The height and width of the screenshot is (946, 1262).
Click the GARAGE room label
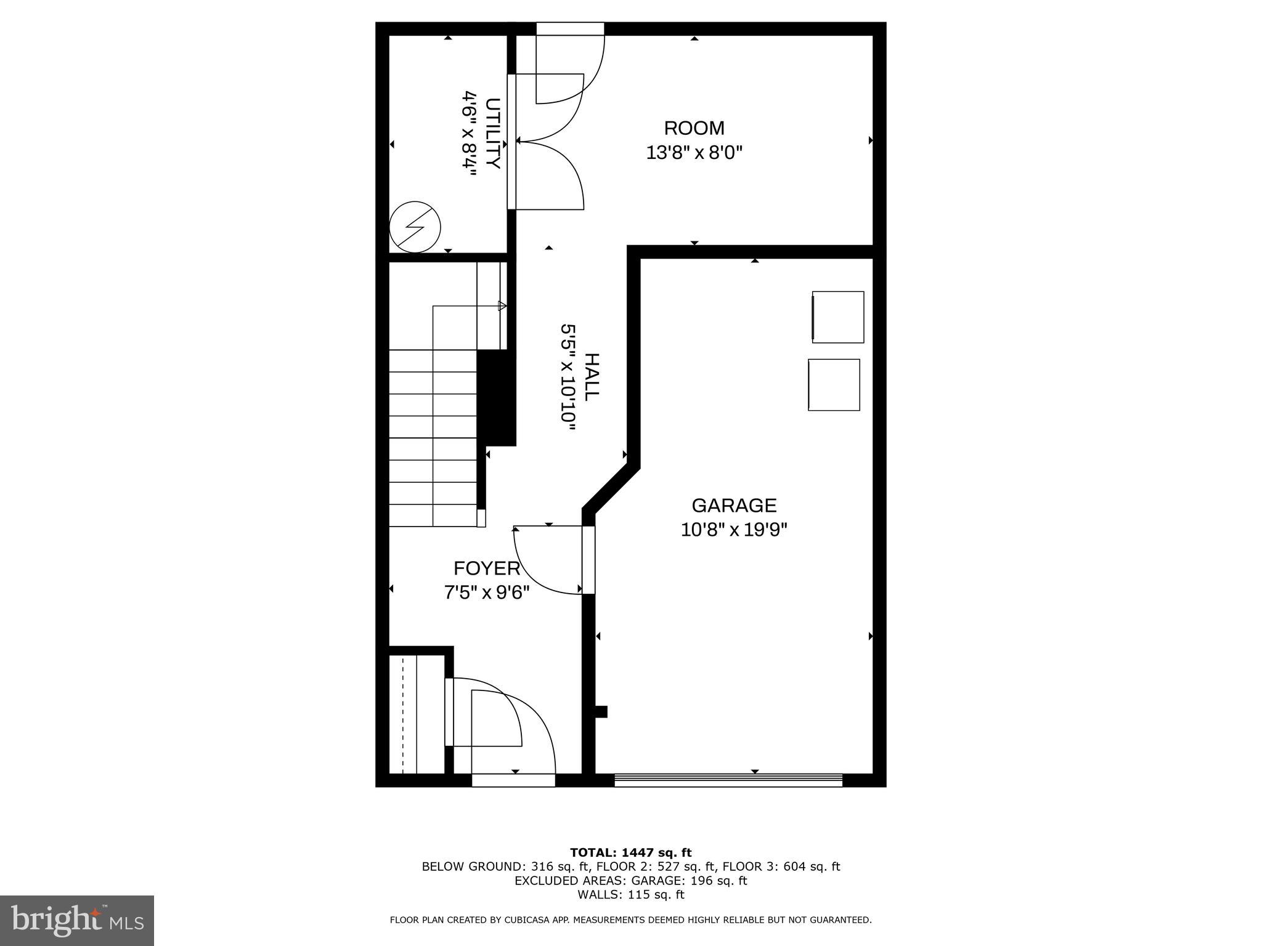pyautogui.click(x=734, y=506)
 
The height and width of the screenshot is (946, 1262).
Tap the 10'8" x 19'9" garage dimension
pyautogui.click(x=734, y=530)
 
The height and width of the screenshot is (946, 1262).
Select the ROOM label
pyautogui.click(x=694, y=128)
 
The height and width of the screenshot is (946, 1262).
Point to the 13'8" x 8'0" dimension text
pyautogui.click(x=694, y=153)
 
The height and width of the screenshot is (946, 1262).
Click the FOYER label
pyautogui.click(x=487, y=568)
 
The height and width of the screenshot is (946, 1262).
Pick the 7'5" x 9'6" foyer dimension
pyautogui.click(x=487, y=592)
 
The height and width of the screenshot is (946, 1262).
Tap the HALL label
pyautogui.click(x=591, y=377)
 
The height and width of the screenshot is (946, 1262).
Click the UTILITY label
pyautogui.click(x=492, y=133)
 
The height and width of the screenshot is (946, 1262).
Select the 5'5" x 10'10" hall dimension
pyautogui.click(x=568, y=373)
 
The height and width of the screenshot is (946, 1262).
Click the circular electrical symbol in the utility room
pyautogui.click(x=415, y=227)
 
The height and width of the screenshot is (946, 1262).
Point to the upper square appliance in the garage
pyautogui.click(x=838, y=317)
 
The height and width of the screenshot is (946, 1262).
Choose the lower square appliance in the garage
pyautogui.click(x=834, y=385)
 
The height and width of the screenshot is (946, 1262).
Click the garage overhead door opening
pyautogui.click(x=728, y=780)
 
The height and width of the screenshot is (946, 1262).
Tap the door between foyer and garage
pyautogui.click(x=588, y=560)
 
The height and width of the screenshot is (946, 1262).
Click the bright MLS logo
pyautogui.click(x=77, y=920)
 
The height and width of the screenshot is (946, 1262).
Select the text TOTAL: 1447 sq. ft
pyautogui.click(x=630, y=853)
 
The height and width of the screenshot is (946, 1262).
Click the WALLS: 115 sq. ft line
pyautogui.click(x=630, y=895)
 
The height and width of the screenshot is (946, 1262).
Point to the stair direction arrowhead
pyautogui.click(x=502, y=305)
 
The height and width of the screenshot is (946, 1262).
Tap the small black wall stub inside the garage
pyautogui.click(x=601, y=712)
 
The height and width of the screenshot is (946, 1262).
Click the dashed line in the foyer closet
pyautogui.click(x=403, y=714)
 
